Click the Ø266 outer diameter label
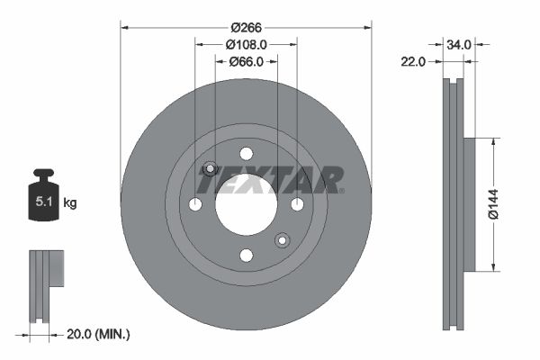pyautogui.click(x=246, y=27)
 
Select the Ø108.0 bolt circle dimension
pyautogui.click(x=246, y=44)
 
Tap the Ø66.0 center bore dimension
pyautogui.click(x=246, y=61)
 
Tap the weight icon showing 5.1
pyautogui.click(x=43, y=200)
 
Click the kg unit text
pyautogui.click(x=70, y=203)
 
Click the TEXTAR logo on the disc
pyautogui.click(x=270, y=180)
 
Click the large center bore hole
pyautogui.click(x=246, y=204)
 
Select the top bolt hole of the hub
pyautogui.click(x=246, y=153)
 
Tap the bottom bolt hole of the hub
pyautogui.click(x=246, y=256)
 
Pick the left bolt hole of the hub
pyautogui.click(x=194, y=204)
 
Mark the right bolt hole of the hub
pyautogui.click(x=297, y=204)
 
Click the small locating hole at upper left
pyautogui.click(x=210, y=168)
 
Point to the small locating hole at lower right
pyautogui.click(x=282, y=239)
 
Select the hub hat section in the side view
pyautogui.click(x=469, y=204)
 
